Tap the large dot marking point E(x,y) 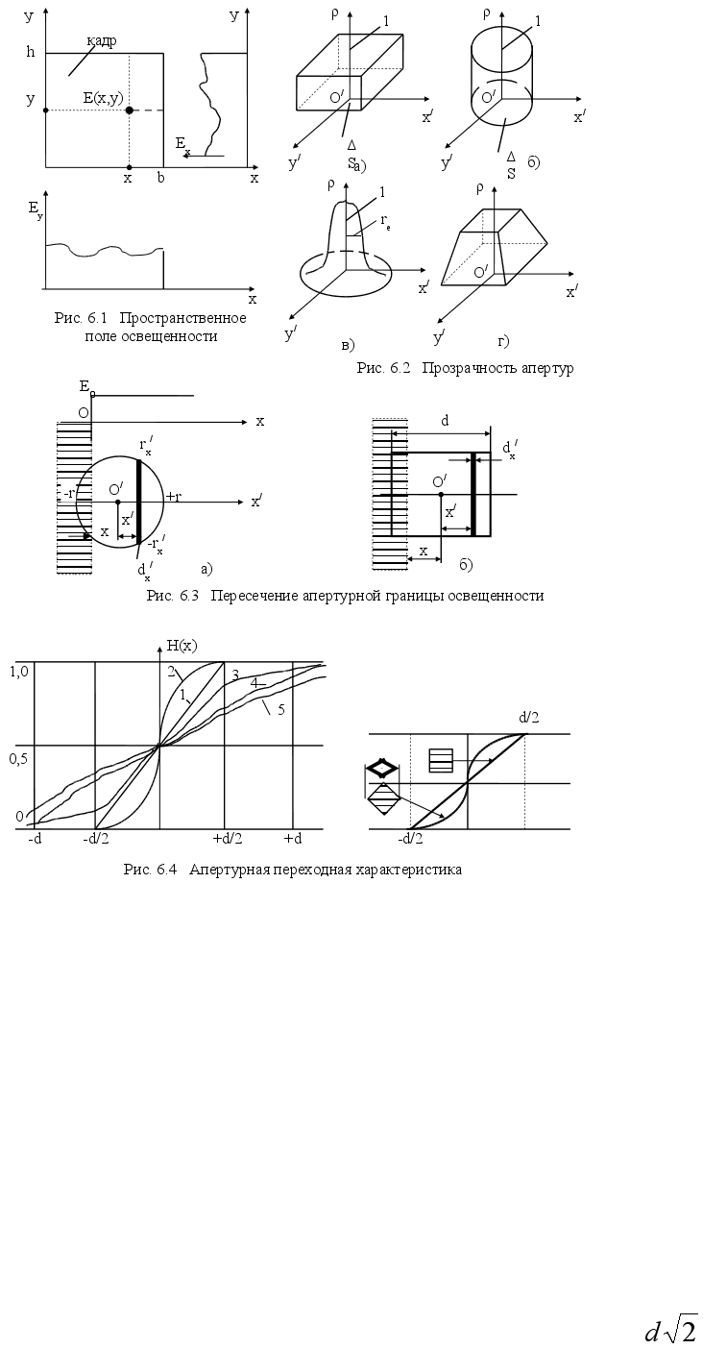coord(129,110)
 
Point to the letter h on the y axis coord(30,53)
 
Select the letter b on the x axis coord(161,179)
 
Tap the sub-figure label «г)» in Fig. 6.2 coord(502,341)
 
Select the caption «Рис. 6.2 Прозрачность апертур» coord(465,368)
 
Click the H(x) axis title coord(182,645)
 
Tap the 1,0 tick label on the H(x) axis coord(19,672)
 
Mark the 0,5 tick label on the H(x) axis coord(19,758)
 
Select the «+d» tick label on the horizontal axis coord(293,839)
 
